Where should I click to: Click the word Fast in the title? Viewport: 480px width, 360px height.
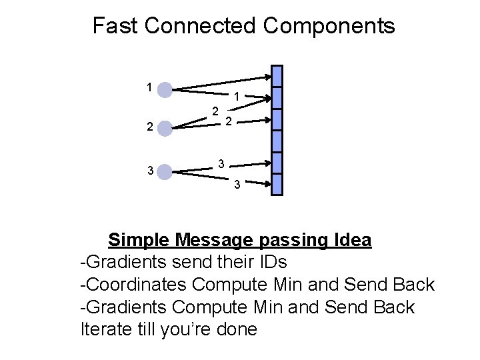[x=115, y=27]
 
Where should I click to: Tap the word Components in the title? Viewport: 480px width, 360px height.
[x=329, y=27]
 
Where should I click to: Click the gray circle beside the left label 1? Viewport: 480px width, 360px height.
[x=164, y=89]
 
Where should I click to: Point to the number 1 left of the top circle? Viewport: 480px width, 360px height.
[x=149, y=86]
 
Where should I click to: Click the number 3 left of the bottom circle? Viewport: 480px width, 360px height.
[x=150, y=171]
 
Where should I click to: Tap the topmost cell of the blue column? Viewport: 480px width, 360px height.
[x=277, y=75]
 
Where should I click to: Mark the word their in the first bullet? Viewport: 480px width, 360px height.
[x=228, y=262]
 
